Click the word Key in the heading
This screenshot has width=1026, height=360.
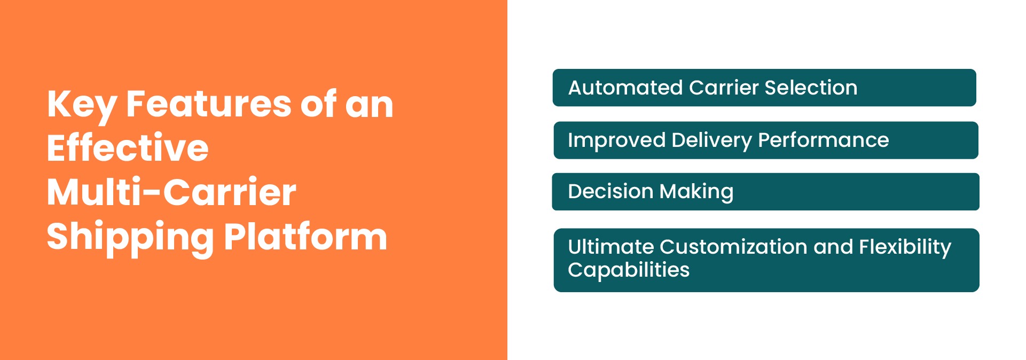point(81,105)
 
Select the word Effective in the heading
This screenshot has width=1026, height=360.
point(128,148)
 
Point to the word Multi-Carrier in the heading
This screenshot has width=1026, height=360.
point(171,192)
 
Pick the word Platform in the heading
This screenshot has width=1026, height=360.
point(306,237)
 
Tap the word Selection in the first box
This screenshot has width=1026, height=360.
point(811,88)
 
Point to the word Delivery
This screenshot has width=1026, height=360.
point(711,140)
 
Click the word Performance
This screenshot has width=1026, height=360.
point(823,140)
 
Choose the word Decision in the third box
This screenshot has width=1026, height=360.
point(610,191)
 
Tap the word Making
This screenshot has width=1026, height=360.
point(696,192)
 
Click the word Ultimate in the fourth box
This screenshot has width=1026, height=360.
point(610,247)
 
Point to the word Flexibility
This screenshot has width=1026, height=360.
point(905,247)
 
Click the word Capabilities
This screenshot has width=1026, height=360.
point(629,270)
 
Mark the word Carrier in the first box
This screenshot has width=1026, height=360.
point(724,88)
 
